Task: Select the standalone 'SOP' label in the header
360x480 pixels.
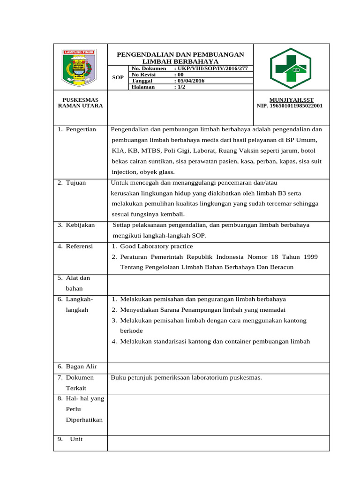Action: coord(119,77)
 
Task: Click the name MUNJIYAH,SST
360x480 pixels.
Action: coord(289,100)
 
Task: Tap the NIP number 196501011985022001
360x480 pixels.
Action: coord(290,106)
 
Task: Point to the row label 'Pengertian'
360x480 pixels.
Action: coord(80,129)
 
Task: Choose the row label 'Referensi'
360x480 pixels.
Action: coord(79,246)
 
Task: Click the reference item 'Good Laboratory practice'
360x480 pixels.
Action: coord(156,246)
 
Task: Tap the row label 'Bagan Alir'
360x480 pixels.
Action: coord(80,367)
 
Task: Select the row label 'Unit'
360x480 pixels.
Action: coord(76,439)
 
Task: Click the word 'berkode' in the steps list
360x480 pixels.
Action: coord(132,330)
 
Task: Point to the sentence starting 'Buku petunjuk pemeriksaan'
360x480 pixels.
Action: coord(186,377)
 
